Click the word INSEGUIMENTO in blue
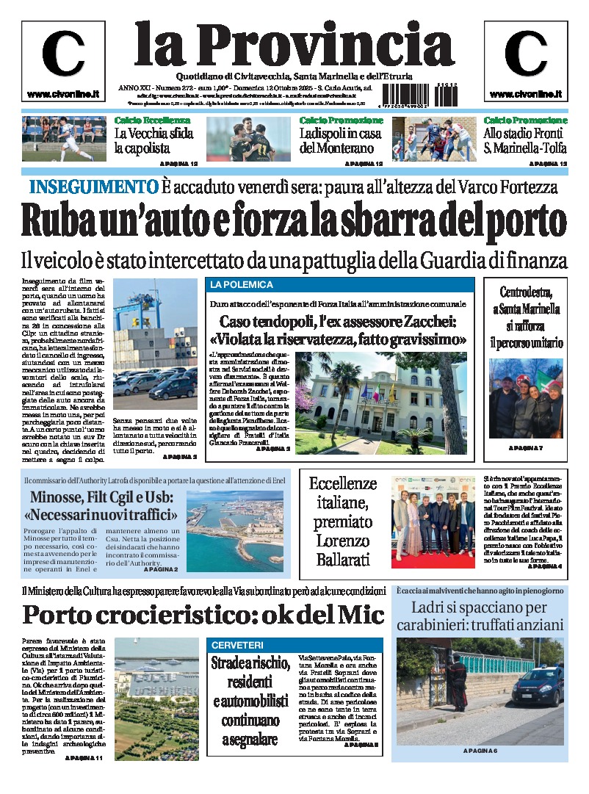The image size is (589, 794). tap(93, 187)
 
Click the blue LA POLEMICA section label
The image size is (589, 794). tap(233, 284)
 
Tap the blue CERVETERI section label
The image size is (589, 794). tap(237, 644)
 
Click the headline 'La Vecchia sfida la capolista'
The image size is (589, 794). tap(154, 141)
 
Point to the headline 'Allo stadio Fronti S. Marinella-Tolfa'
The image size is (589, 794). tap(524, 141)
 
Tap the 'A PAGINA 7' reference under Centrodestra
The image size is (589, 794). tap(526, 447)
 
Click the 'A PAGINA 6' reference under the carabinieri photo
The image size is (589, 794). tap(480, 750)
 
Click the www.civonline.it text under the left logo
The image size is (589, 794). tap(58, 94)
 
